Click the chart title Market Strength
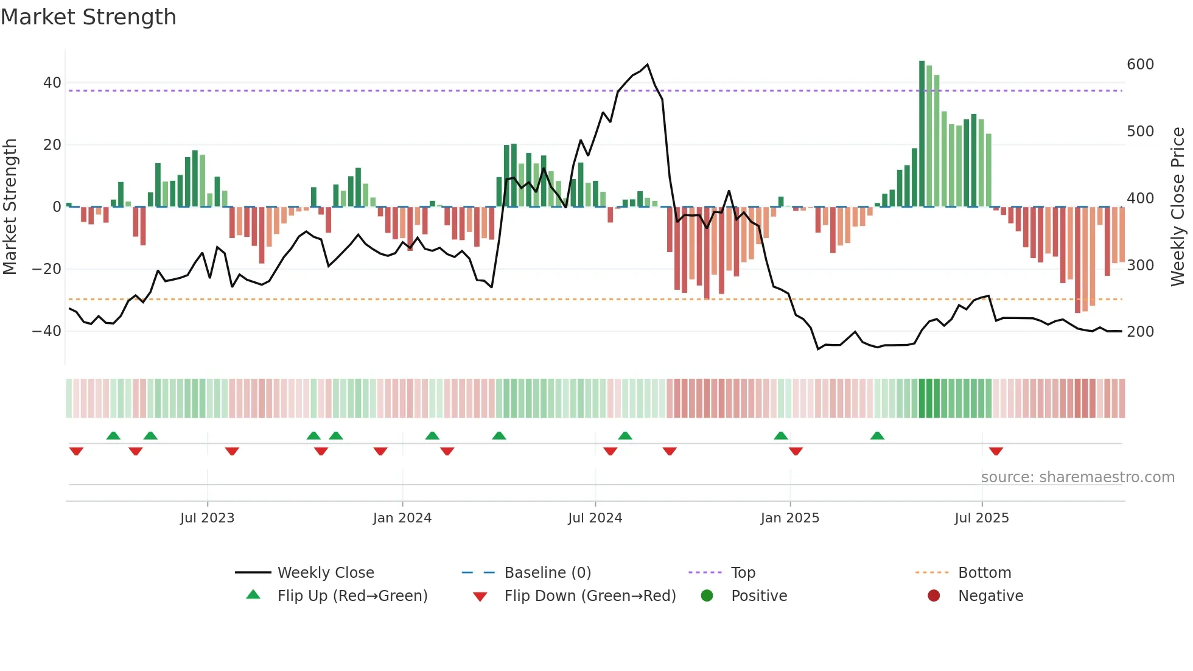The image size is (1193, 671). [x=88, y=17]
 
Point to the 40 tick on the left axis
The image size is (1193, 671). [x=52, y=83]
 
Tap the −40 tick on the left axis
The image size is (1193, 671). [x=47, y=331]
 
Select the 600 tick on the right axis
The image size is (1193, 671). [x=1140, y=65]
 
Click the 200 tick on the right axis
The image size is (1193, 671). [x=1140, y=332]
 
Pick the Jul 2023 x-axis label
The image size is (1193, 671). [x=207, y=518]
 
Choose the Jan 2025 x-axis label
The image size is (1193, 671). [x=789, y=518]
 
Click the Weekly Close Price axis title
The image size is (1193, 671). [x=1178, y=207]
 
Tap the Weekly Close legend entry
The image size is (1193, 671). [x=326, y=573]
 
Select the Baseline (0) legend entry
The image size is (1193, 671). [x=547, y=573]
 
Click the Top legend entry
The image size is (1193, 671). [x=743, y=573]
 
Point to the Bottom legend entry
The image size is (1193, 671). [x=984, y=573]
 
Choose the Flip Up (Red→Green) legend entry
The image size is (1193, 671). [x=352, y=596]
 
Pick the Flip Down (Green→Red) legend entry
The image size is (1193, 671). [x=590, y=596]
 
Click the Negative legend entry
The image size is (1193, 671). [x=990, y=596]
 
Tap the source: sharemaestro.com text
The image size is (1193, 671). [x=1077, y=477]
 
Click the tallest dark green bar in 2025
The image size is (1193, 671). [x=922, y=134]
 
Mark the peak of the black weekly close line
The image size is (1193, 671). [x=647, y=65]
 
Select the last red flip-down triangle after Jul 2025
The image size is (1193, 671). [x=996, y=451]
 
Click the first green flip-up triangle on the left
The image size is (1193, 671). [x=113, y=435]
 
